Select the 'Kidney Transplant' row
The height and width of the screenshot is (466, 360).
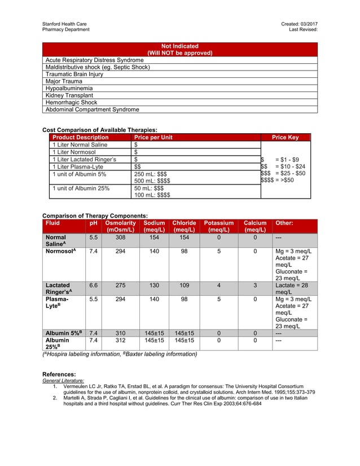tap(69, 95)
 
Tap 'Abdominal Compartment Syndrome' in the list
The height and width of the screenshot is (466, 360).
tap(92, 109)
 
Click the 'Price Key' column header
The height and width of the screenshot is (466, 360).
tap(285, 137)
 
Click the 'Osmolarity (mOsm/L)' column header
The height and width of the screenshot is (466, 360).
tap(120, 226)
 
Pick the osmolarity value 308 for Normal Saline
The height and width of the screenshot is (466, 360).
tap(120, 238)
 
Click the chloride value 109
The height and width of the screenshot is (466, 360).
tap(184, 285)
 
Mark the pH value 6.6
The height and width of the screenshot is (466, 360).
tap(94, 285)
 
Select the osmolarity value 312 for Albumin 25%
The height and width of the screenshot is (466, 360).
tap(120, 340)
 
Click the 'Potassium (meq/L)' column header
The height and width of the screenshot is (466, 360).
tap(218, 226)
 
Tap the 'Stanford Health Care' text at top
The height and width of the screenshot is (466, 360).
tap(65, 23)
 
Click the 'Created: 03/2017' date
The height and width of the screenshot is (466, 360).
tap(299, 23)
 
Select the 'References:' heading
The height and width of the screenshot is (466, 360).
tap(59, 375)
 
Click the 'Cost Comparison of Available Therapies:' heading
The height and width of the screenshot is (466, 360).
tap(100, 130)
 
